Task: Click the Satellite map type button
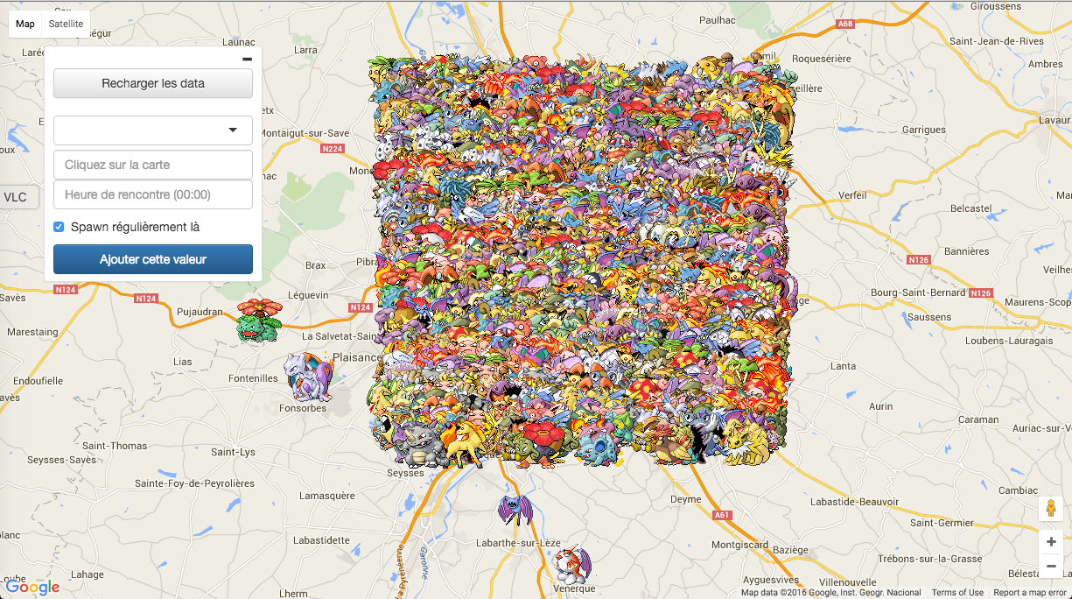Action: pos(66,24)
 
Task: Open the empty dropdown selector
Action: pos(153,130)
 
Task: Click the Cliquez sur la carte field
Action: pos(153,165)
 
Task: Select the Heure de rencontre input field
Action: pos(153,194)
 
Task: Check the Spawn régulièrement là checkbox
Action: pos(59,227)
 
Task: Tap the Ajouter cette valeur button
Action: pos(153,259)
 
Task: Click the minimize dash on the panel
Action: pos(247,59)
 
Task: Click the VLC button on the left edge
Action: pos(16,197)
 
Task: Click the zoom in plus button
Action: pos(1051,541)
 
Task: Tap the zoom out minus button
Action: pos(1051,566)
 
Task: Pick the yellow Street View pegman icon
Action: pos(1051,509)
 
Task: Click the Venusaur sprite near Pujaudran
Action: pos(257,320)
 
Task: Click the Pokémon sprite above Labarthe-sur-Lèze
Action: pos(514,510)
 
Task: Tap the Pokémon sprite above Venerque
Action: pos(574,565)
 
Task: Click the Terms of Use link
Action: pos(957,593)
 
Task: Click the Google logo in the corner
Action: pos(32,586)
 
